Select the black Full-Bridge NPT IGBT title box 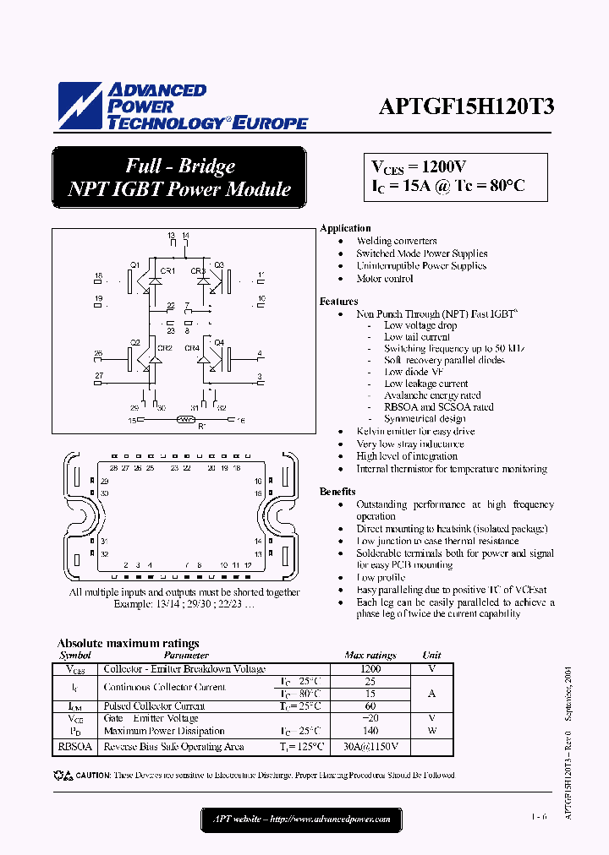point(178,177)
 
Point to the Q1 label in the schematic point(134,265)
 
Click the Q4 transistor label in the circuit point(218,342)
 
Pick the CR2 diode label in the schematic point(165,348)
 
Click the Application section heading point(345,228)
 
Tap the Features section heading point(338,302)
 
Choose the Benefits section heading point(337,492)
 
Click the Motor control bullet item point(385,279)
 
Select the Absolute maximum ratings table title point(128,643)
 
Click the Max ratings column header point(370,656)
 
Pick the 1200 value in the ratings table point(370,668)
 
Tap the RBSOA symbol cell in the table point(72,747)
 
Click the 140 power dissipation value point(370,731)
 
